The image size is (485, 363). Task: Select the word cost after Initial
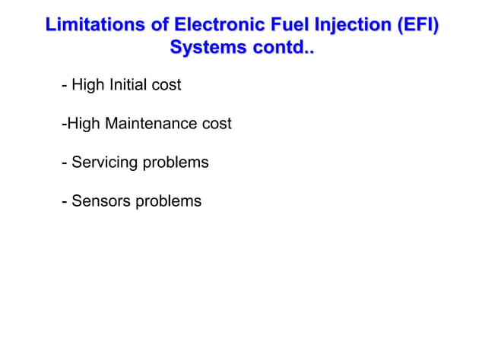click(x=166, y=84)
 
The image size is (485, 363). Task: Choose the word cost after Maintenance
click(x=217, y=123)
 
